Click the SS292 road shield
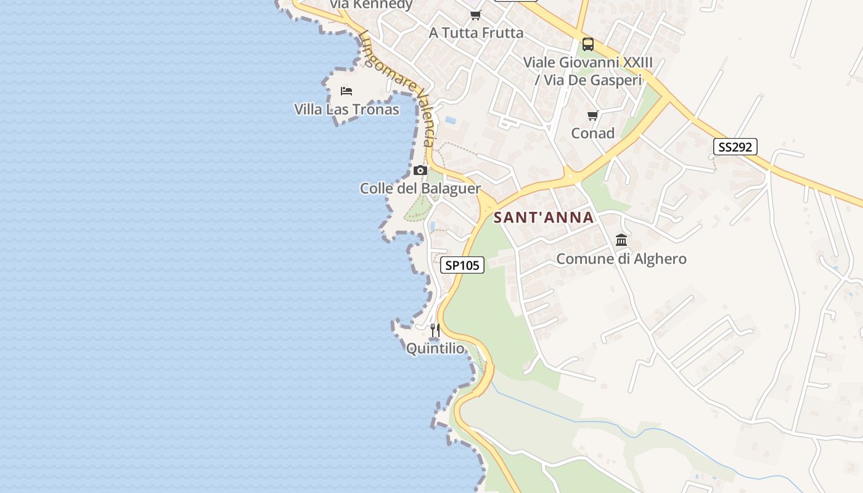[x=735, y=147]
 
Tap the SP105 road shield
[x=462, y=265]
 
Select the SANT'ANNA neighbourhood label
[x=544, y=218]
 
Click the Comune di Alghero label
[x=621, y=259]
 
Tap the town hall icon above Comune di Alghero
[x=621, y=240]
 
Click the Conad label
[x=593, y=133]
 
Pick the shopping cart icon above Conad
[x=593, y=115]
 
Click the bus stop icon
[x=588, y=44]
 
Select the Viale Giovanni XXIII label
[x=588, y=62]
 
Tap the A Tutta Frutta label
[x=476, y=33]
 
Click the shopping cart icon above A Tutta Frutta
[x=475, y=15]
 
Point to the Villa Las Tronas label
[x=346, y=110]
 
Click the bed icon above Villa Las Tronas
[x=346, y=91]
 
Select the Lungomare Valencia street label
[x=399, y=86]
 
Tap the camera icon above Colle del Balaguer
[x=420, y=170]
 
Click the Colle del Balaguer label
[x=420, y=189]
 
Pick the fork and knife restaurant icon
[x=435, y=330]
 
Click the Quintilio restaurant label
[x=435, y=349]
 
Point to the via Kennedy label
[x=371, y=5]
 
